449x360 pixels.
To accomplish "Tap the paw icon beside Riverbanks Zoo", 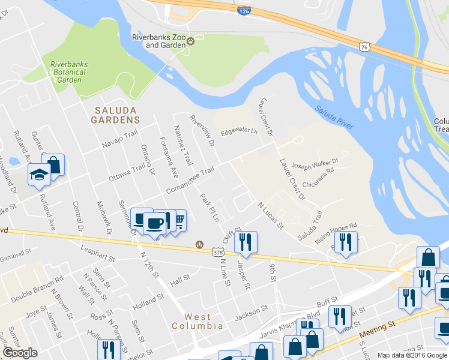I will (191, 41).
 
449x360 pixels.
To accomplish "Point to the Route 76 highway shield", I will (364, 46).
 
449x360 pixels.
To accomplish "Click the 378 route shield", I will (218, 253).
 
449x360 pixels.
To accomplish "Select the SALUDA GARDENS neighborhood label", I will (115, 115).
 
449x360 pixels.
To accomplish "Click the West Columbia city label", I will (204, 322).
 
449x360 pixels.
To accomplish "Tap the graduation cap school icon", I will (40, 175).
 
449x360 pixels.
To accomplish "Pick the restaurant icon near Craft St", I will (246, 242).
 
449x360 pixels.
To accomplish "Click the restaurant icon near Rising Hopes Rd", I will (346, 242).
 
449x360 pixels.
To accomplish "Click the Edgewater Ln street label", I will (238, 132).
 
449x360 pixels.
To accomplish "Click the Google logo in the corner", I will (20, 353).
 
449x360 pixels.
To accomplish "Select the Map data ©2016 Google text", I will (411, 355).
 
